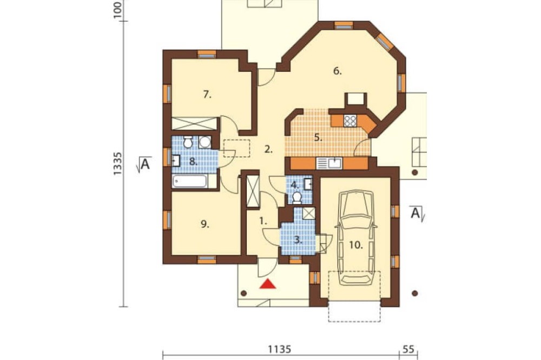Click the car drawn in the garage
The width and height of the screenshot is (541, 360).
[357, 238]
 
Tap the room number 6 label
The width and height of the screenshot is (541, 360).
[338, 71]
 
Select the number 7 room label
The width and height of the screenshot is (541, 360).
[207, 94]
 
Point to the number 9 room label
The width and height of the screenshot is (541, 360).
[204, 224]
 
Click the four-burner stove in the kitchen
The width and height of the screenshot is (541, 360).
[350, 121]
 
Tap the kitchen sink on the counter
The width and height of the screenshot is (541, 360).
[329, 163]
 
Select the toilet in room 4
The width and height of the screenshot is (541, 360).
[296, 197]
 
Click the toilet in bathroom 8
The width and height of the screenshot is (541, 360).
[188, 142]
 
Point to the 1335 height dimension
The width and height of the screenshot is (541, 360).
[117, 163]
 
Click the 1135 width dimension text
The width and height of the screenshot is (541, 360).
[280, 349]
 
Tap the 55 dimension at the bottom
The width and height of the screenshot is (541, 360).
[408, 349]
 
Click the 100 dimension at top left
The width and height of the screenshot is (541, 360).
[117, 10]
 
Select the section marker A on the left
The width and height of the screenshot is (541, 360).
[144, 164]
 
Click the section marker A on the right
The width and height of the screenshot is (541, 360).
[417, 213]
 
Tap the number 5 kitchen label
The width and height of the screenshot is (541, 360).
[318, 138]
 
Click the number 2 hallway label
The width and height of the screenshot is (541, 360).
[268, 149]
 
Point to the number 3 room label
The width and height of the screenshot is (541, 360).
[298, 240]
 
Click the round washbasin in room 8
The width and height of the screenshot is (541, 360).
[205, 142]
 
